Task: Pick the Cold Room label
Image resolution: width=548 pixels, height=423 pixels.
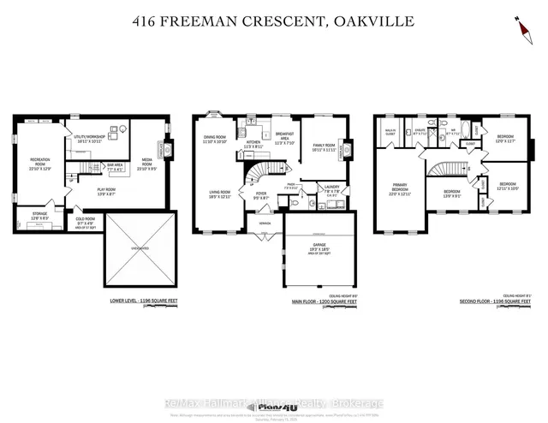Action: coord(85,220)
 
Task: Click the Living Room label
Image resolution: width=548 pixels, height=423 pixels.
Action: coord(220,194)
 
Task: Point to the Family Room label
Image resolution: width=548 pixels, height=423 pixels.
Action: coord(323,146)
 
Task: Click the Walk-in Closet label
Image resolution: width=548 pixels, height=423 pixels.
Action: coord(390,133)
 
